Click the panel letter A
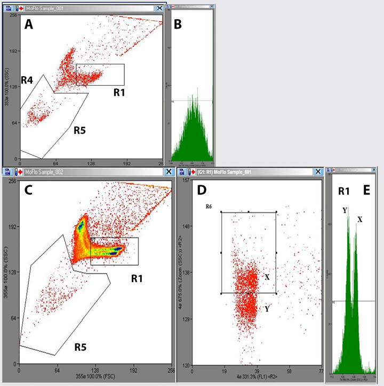tap(30, 24)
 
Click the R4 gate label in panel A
tap(28, 80)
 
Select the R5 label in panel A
tap(81, 128)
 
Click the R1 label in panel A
tap(121, 92)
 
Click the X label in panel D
tap(267, 277)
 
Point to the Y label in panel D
tap(267, 309)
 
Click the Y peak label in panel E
tap(345, 210)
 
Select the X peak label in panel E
tap(359, 219)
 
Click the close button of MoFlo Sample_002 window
tap(170, 172)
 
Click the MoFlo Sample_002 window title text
tap(44, 172)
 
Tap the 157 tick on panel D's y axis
tap(188, 180)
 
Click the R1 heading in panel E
tap(343, 191)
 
